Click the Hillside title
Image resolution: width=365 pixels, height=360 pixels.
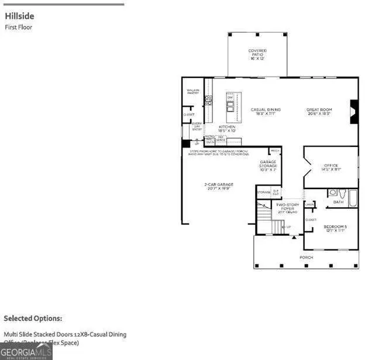pyautogui.click(x=17, y=16)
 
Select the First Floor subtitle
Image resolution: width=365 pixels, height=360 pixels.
pyautogui.click(x=18, y=27)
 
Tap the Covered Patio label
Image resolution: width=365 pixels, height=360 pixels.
pyautogui.click(x=257, y=54)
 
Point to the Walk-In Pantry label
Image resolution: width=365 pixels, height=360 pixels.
pyautogui.click(x=193, y=91)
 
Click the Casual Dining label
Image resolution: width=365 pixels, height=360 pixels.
pyautogui.click(x=266, y=111)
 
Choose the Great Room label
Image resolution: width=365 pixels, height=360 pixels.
pyautogui.click(x=319, y=111)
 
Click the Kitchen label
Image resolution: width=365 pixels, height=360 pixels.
pyautogui.click(x=227, y=128)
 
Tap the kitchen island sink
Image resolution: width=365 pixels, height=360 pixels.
pyautogui.click(x=230, y=106)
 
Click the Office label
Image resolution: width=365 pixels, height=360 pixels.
pyautogui.click(x=331, y=167)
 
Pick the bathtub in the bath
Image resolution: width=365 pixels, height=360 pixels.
pyautogui.click(x=353, y=197)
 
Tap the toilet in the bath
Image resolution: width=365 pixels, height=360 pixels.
pyautogui.click(x=333, y=192)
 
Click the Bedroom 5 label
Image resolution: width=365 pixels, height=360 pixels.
pyautogui.click(x=336, y=228)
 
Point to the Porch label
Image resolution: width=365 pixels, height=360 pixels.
pyautogui.click(x=306, y=257)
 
